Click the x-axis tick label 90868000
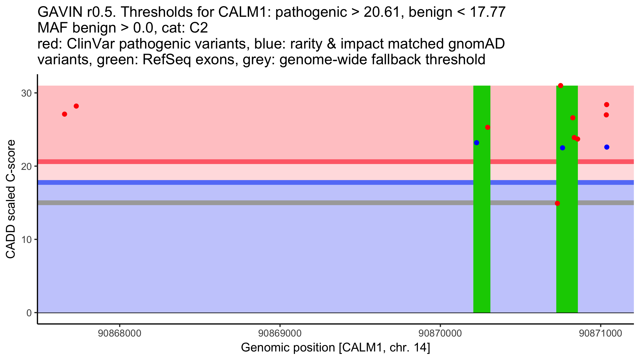coord(119,334)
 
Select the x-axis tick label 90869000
coord(280,334)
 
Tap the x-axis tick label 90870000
coord(440,334)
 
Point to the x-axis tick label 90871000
coord(601,334)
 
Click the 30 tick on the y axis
coord(26,93)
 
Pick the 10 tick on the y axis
coord(26,239)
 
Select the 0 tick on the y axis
coord(29,313)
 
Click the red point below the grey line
coord(557,203)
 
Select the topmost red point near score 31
coord(561,86)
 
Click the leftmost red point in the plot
coord(65,114)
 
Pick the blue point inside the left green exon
coord(477,143)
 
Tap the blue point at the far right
coord(607,147)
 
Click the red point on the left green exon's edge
coord(487,127)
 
